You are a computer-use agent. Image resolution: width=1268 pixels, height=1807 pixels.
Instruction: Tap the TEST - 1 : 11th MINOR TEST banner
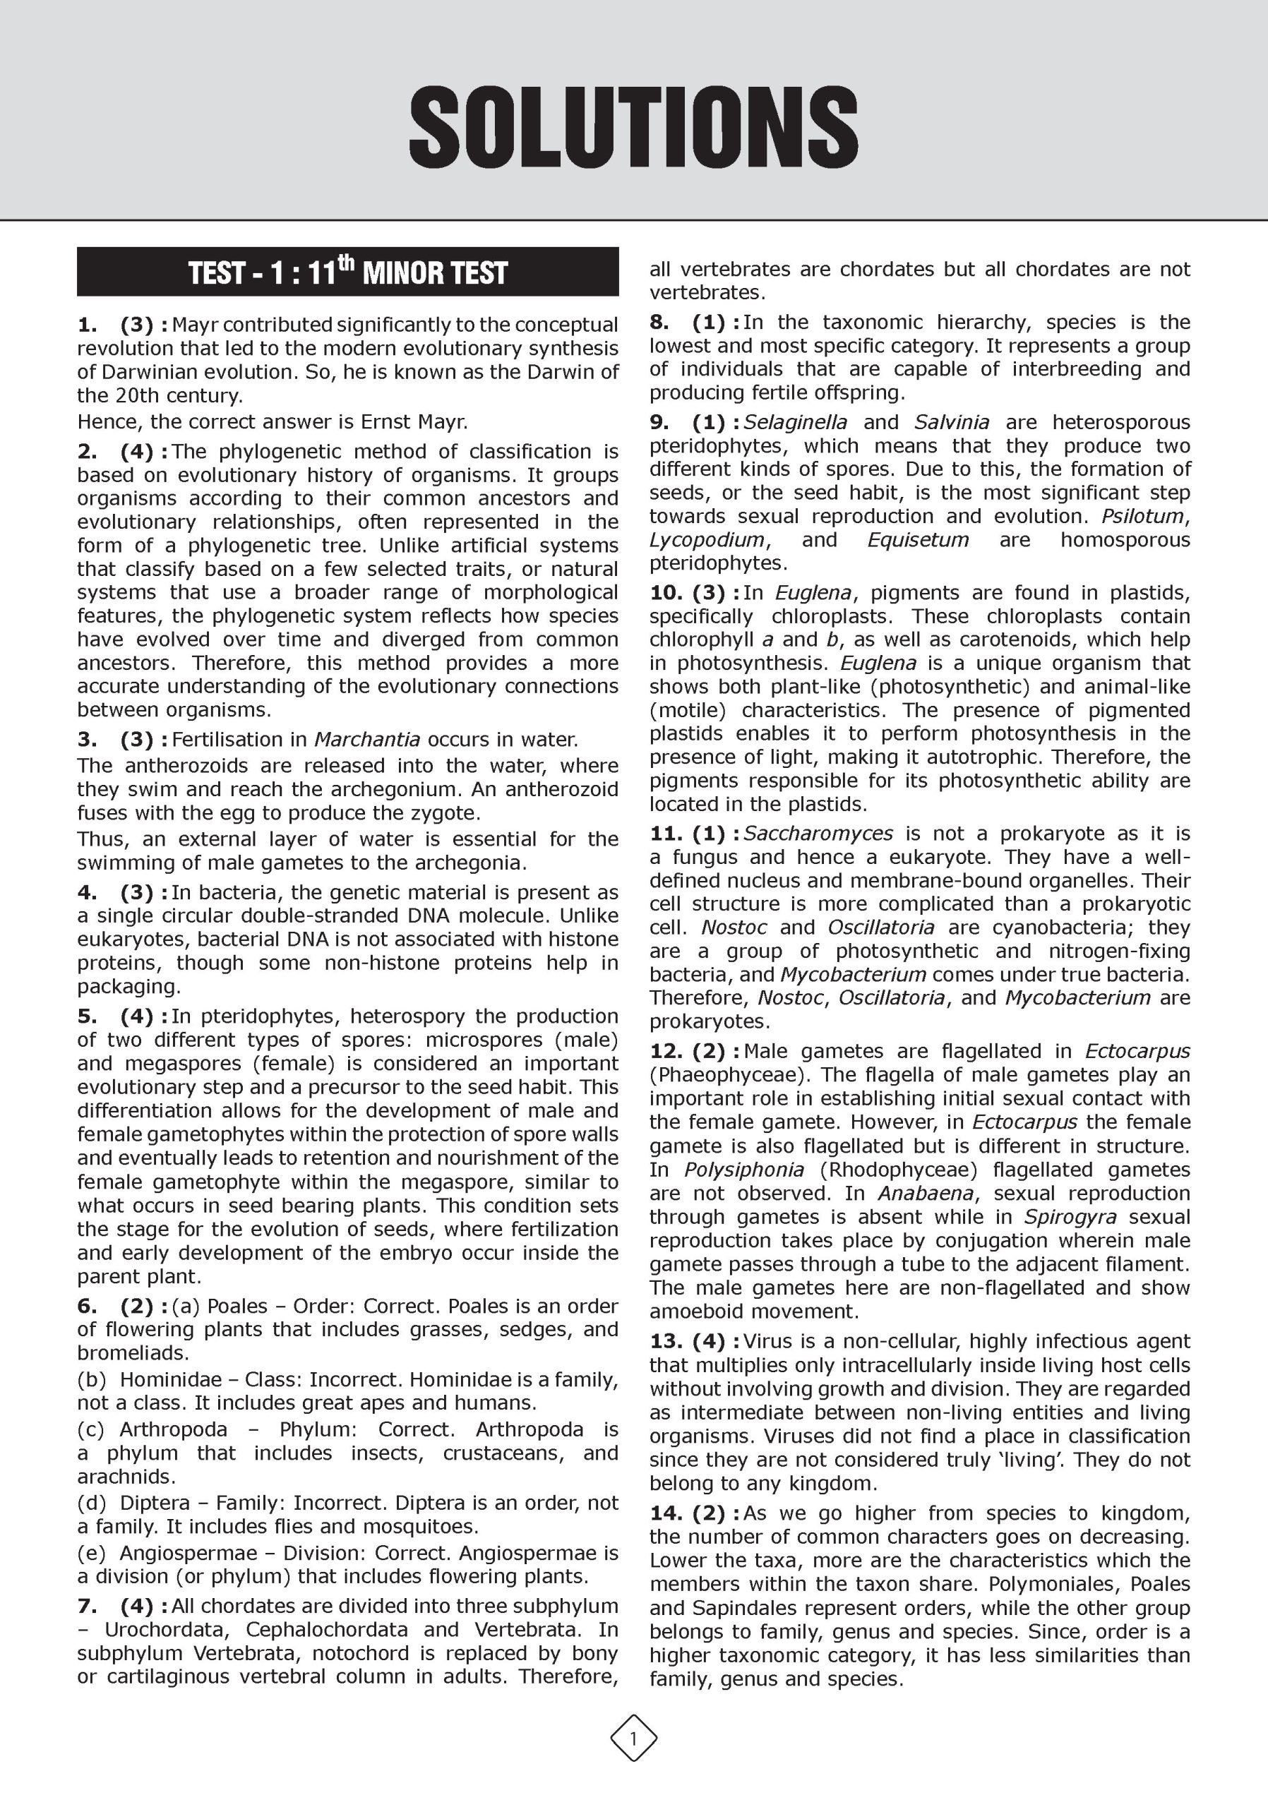click(348, 272)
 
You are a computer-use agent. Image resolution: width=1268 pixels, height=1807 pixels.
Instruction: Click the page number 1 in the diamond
click(633, 1736)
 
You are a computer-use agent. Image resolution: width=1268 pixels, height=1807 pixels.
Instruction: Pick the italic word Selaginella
click(795, 422)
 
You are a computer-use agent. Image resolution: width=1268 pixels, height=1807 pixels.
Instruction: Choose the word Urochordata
click(166, 1629)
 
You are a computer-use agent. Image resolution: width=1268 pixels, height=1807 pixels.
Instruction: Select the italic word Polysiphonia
click(744, 1170)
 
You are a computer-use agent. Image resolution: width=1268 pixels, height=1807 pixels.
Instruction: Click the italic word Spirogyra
click(1070, 1217)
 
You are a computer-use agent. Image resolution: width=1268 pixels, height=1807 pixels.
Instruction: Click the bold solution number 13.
click(664, 1341)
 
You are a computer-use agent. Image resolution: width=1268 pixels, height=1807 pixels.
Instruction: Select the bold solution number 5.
click(87, 1016)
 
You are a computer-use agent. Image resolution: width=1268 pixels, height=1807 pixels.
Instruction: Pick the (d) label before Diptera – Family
click(91, 1503)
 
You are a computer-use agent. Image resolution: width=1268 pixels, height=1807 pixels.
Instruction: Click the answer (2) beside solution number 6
click(137, 1306)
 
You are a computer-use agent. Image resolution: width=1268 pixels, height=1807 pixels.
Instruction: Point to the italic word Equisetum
click(918, 540)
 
